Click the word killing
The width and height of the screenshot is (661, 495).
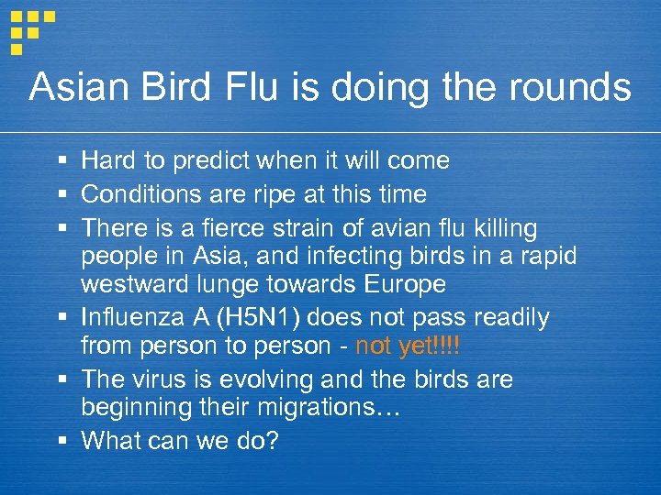pyautogui.click(x=506, y=226)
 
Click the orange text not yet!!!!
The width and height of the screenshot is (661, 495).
pyautogui.click(x=407, y=346)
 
